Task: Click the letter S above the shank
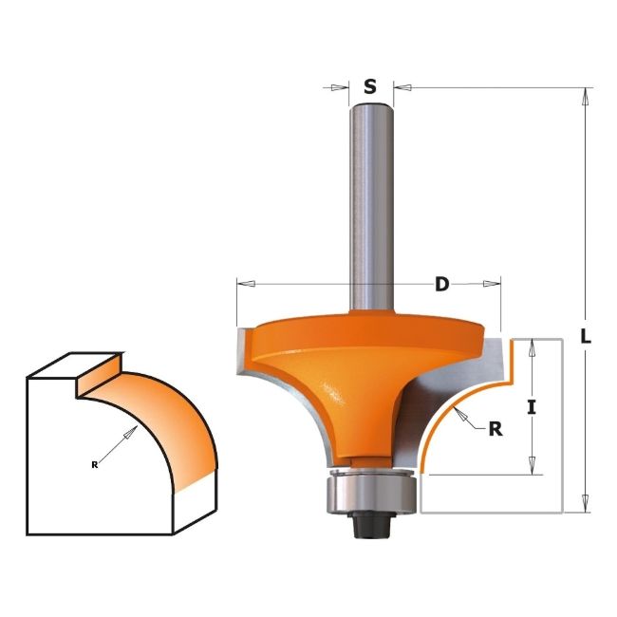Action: click(370, 86)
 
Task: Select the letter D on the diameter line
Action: click(441, 284)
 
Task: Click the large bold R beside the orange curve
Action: click(495, 428)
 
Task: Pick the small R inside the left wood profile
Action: click(95, 463)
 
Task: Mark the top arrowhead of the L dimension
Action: click(587, 96)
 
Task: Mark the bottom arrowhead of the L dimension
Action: click(587, 506)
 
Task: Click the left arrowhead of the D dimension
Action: click(243, 283)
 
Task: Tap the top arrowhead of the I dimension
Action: click(533, 345)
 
